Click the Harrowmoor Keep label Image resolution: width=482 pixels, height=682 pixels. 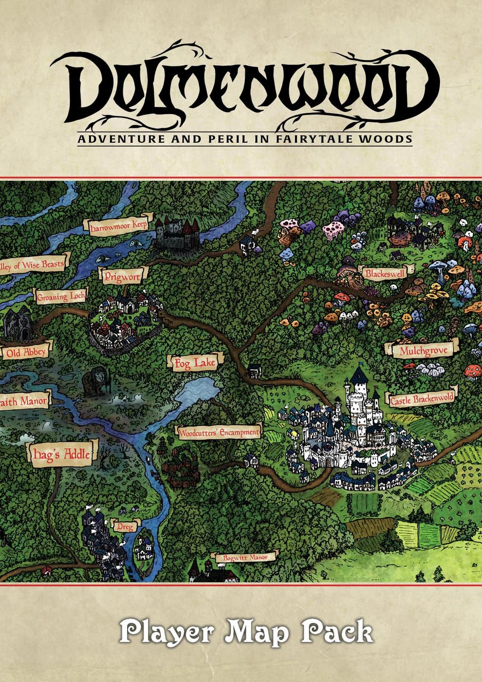pos(118,227)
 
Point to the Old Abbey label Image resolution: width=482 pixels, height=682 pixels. pos(25,352)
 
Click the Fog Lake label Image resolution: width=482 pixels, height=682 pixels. pos(194,363)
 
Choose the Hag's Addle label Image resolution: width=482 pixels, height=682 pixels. pos(60,455)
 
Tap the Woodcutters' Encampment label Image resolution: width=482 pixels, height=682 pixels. pos(219,432)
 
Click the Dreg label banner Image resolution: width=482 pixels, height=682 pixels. pos(125,527)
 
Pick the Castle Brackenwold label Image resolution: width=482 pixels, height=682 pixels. pos(422,399)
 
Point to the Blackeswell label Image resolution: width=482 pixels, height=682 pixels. pos(385,273)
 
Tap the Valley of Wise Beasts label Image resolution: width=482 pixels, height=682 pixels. pos(32,265)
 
